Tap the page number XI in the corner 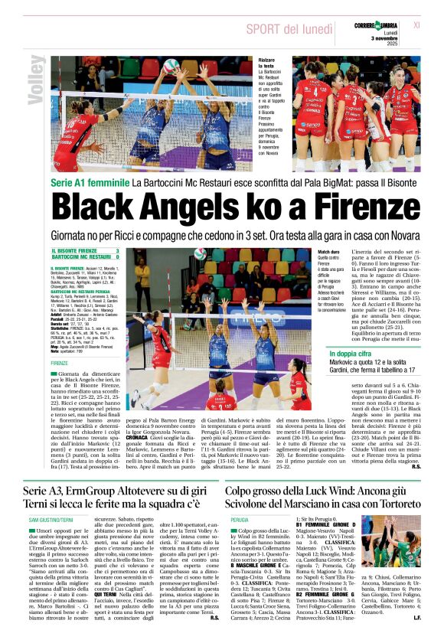[x=416, y=25]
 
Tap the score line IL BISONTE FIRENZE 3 [x=85, y=251]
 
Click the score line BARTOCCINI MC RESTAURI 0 [x=85, y=258]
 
